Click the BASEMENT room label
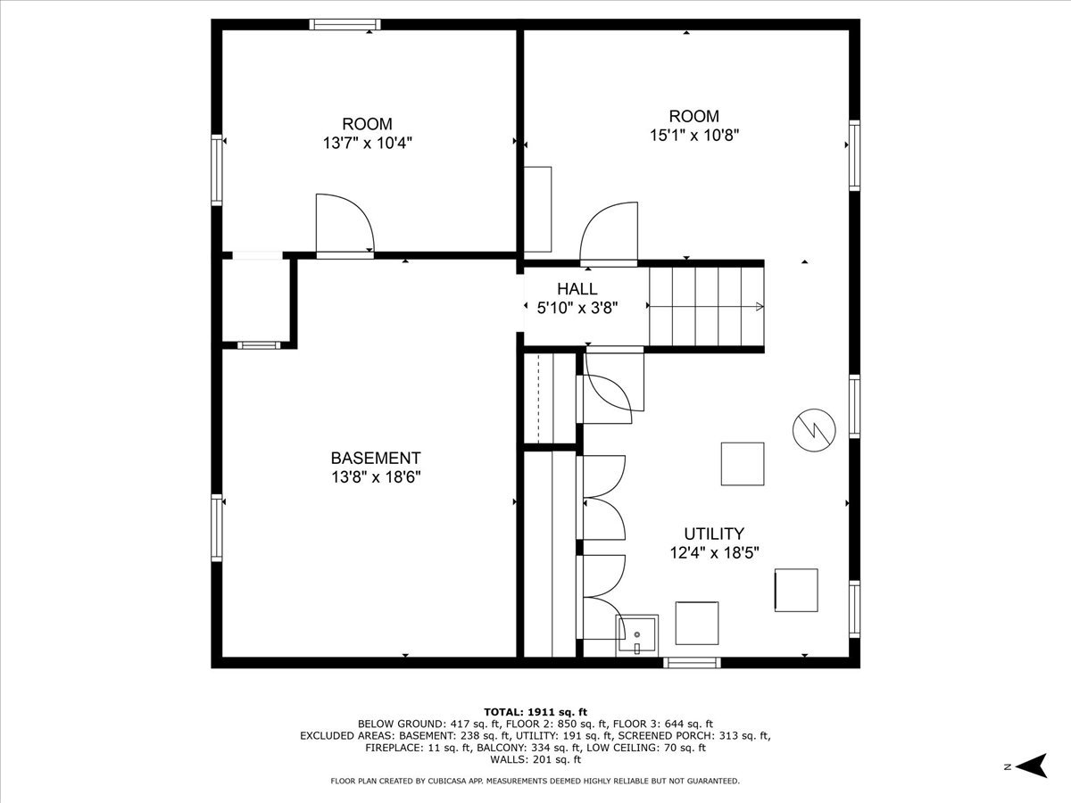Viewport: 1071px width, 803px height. [375, 458]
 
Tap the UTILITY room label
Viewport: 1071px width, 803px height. [714, 534]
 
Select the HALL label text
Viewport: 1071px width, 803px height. [577, 288]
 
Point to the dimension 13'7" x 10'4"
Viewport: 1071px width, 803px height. [368, 143]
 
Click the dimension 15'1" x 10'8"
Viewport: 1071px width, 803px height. [693, 135]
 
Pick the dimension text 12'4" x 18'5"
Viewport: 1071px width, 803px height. [714, 553]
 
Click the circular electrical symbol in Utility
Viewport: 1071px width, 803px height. [814, 429]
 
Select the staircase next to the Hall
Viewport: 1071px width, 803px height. [706, 306]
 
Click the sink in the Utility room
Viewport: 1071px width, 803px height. [636, 635]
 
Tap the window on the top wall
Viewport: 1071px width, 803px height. [345, 24]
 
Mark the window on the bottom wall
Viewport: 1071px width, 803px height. [692, 663]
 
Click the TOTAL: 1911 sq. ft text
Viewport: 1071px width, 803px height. [535, 712]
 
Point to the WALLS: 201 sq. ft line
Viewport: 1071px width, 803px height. [535, 759]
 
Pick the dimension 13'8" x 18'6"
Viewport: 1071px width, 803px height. [376, 476]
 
